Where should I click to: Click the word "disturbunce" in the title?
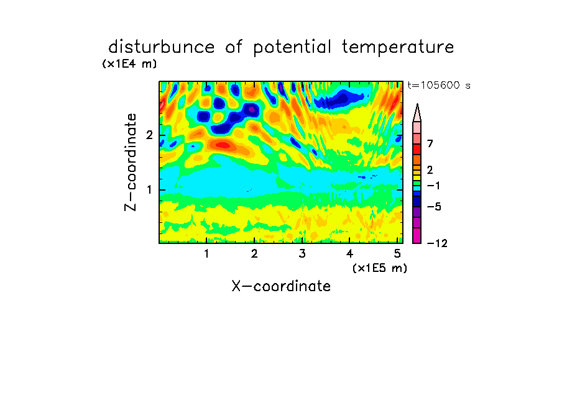pos(161,47)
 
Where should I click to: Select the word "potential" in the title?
pos(292,48)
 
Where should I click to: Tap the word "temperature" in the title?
pos(397,48)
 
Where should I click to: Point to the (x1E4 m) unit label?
pos(129,64)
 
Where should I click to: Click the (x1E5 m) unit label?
pos(380,268)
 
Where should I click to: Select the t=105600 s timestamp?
pos(439,85)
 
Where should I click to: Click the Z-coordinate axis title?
pos(131,162)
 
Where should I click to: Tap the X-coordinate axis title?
pos(281,286)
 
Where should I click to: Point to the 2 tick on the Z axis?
pos(149,135)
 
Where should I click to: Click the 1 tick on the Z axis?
pos(149,189)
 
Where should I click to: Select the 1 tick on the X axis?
pos(207,253)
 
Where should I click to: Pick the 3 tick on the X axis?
pos(302,253)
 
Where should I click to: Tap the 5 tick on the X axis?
pos(397,253)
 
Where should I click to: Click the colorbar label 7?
pos(430,143)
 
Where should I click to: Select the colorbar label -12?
pos(437,243)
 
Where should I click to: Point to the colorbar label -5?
pos(434,207)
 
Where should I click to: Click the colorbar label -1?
pos(434,186)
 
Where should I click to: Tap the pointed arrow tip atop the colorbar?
pos(417,104)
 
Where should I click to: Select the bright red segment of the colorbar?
pos(417,149)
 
